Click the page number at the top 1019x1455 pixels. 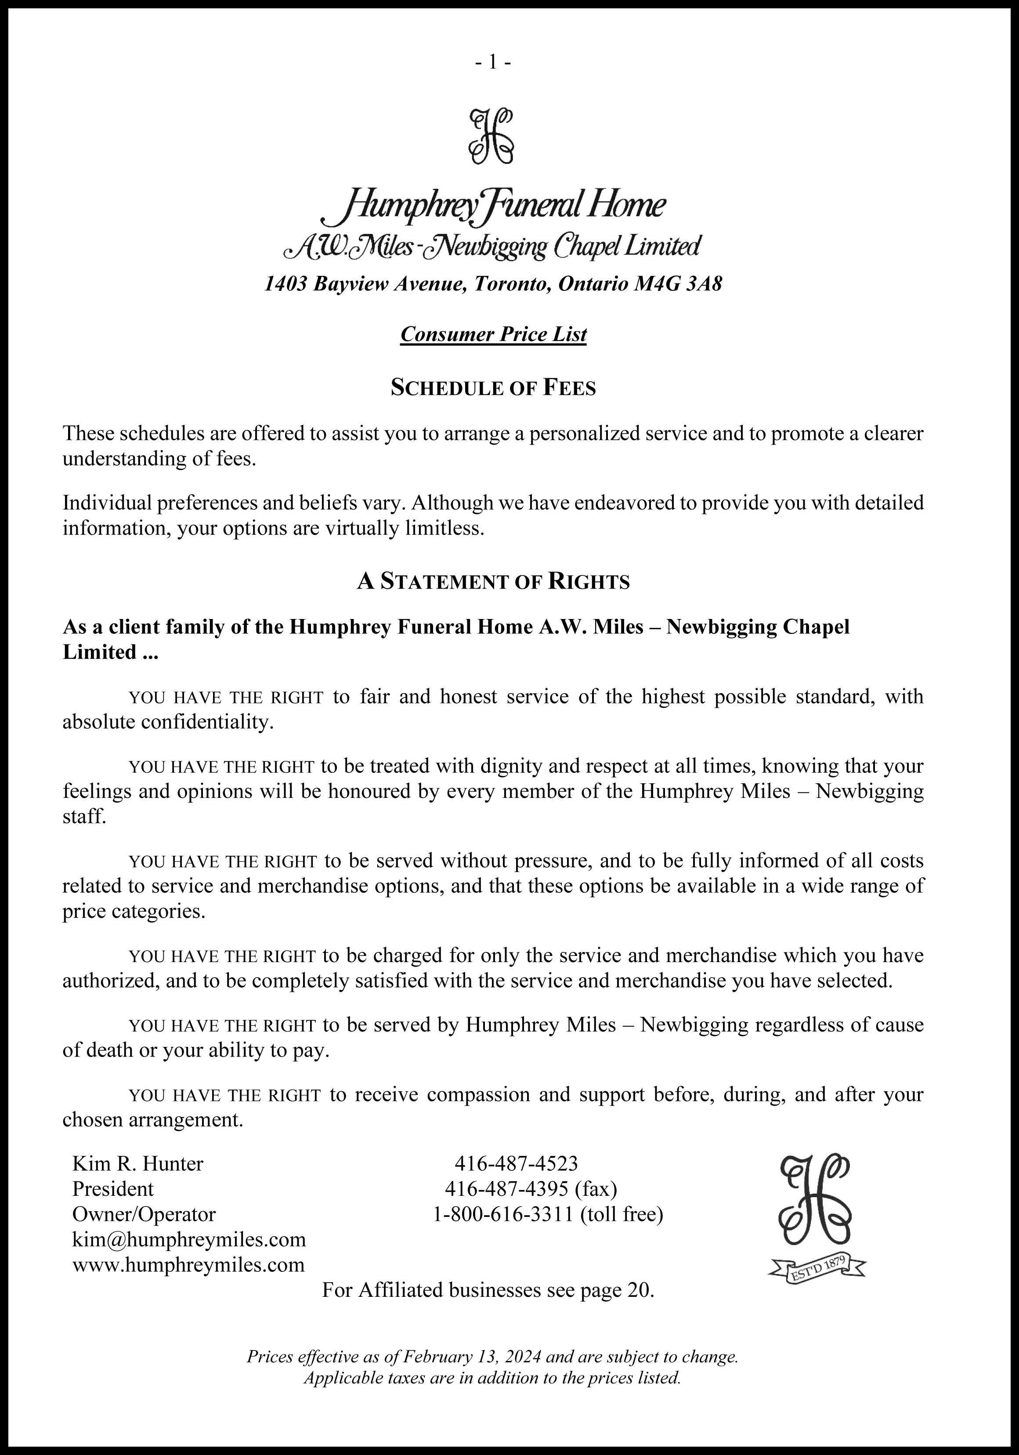pyautogui.click(x=493, y=62)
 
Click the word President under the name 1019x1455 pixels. pyautogui.click(x=113, y=1189)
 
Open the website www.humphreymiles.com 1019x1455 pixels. pyautogui.click(x=188, y=1265)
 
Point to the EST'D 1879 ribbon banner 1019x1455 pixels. pyautogui.click(x=816, y=1269)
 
